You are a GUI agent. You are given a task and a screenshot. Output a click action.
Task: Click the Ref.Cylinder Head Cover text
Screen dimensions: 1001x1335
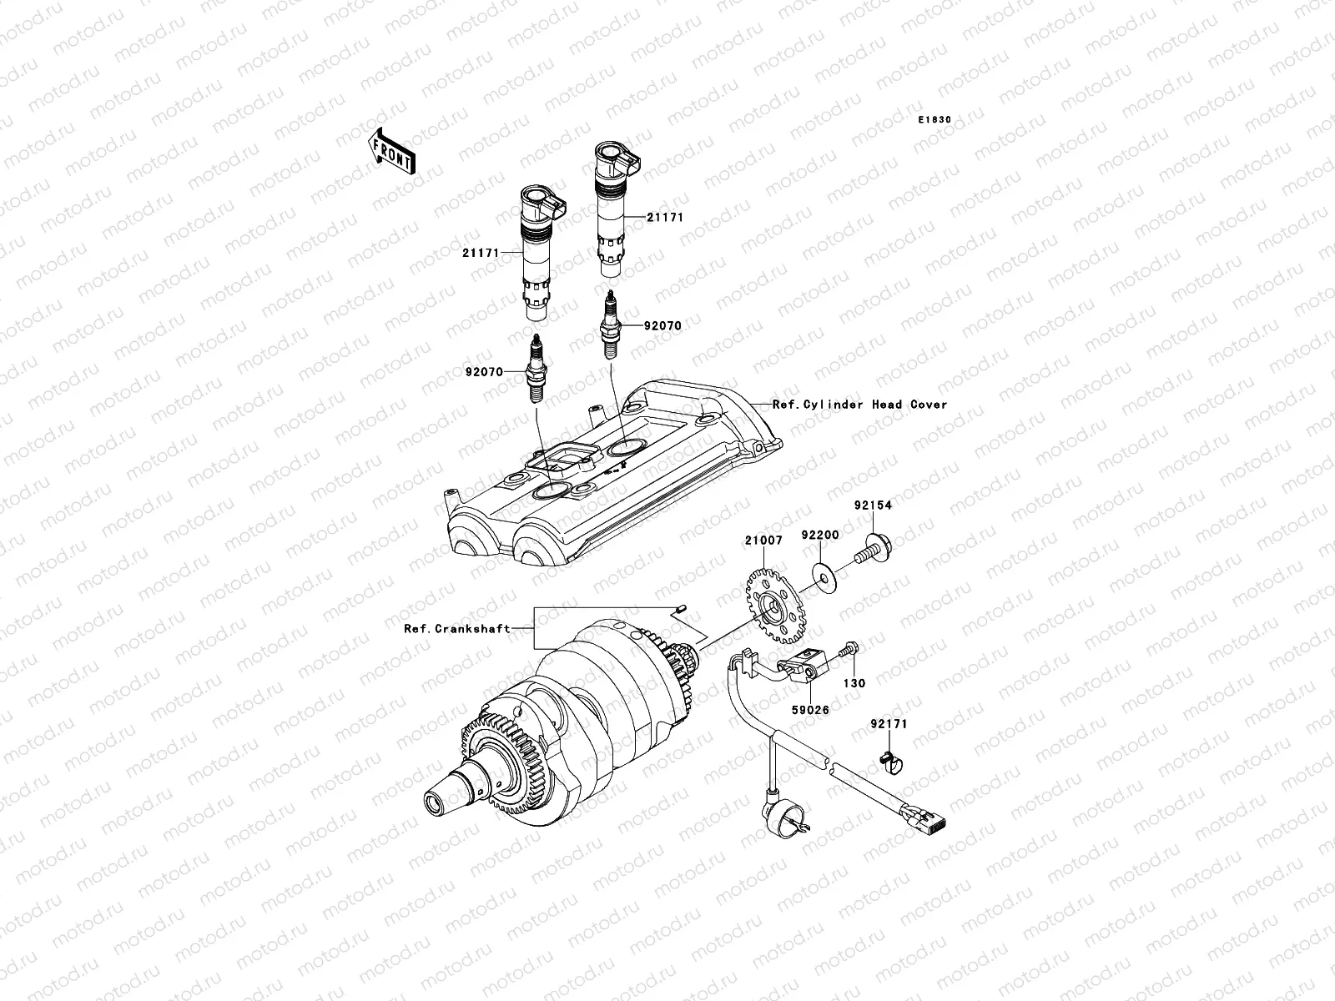pos(859,405)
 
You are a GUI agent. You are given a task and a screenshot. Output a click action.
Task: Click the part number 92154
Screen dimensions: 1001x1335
pos(872,506)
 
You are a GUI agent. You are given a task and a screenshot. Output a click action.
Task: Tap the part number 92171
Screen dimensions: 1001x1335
pos(888,725)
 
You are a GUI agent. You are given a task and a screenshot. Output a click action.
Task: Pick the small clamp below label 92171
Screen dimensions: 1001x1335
pos(887,760)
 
